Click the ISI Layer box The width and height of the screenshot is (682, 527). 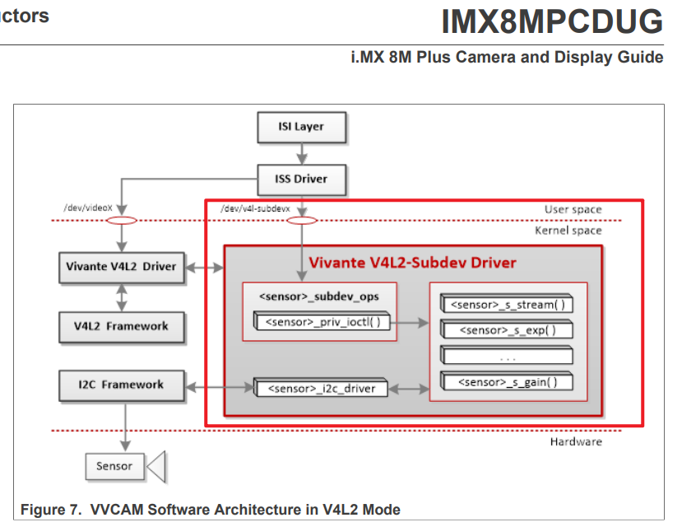click(x=300, y=128)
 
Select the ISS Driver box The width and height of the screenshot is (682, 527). click(x=300, y=179)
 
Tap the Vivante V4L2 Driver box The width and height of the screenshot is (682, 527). click(x=121, y=267)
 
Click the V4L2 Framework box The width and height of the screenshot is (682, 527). click(x=121, y=326)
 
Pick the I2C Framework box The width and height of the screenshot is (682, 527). click(x=121, y=385)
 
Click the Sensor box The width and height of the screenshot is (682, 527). click(x=114, y=466)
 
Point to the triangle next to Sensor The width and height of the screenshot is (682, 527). click(x=157, y=467)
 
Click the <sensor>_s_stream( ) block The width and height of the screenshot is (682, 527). click(x=506, y=305)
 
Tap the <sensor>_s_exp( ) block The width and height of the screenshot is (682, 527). click(x=506, y=330)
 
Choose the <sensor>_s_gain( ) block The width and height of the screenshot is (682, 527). click(x=506, y=381)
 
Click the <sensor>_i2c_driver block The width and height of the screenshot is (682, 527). click(x=320, y=388)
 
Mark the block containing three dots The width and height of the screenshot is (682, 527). click(x=506, y=356)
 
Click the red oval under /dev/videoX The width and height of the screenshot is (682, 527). click(x=122, y=221)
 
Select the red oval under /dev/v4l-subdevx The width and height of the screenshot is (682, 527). click(x=302, y=221)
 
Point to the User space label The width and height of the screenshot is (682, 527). click(x=573, y=209)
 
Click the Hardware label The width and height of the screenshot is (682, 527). click(x=575, y=442)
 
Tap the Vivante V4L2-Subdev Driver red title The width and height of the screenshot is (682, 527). click(x=412, y=263)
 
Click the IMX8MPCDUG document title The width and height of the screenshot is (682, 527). click(x=551, y=22)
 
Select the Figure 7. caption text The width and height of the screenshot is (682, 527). click(x=210, y=510)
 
